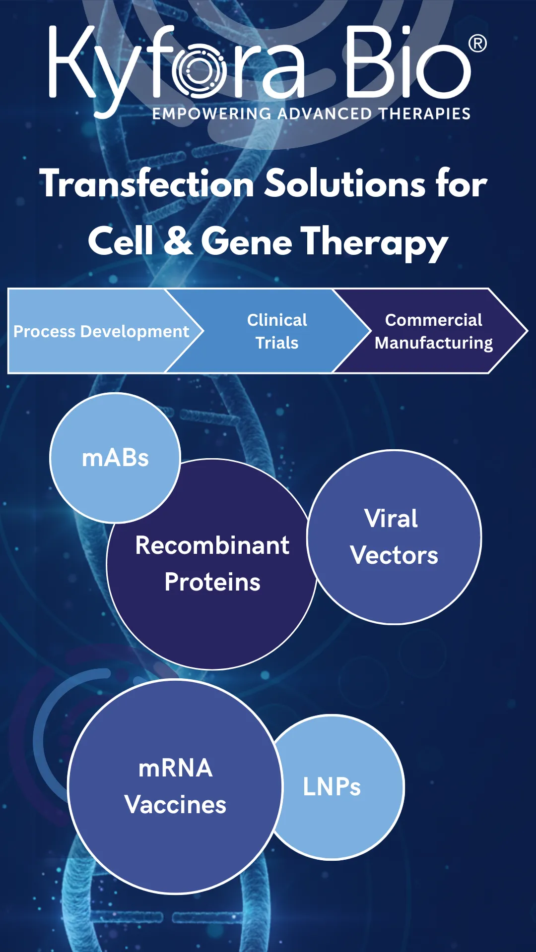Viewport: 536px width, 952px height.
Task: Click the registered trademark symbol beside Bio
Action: (x=477, y=44)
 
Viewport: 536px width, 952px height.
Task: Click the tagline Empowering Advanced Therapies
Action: (x=311, y=114)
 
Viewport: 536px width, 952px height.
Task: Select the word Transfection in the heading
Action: (x=147, y=183)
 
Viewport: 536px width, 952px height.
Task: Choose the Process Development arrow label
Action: (x=101, y=331)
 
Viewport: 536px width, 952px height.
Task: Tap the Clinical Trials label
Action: (x=277, y=331)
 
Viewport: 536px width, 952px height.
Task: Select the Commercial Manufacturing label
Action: (x=433, y=331)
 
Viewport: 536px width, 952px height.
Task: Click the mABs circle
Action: (x=115, y=458)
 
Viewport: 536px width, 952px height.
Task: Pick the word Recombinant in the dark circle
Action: (x=212, y=545)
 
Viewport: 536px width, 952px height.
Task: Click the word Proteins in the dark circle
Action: (x=212, y=582)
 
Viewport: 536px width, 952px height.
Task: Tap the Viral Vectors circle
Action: (x=394, y=537)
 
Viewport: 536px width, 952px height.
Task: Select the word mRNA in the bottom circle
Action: (x=175, y=768)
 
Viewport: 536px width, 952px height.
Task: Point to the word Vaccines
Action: (x=175, y=805)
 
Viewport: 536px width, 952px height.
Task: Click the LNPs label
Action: (x=332, y=787)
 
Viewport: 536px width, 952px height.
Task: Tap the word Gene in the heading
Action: (x=247, y=241)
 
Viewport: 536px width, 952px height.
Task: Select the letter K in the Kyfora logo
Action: (x=72, y=62)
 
